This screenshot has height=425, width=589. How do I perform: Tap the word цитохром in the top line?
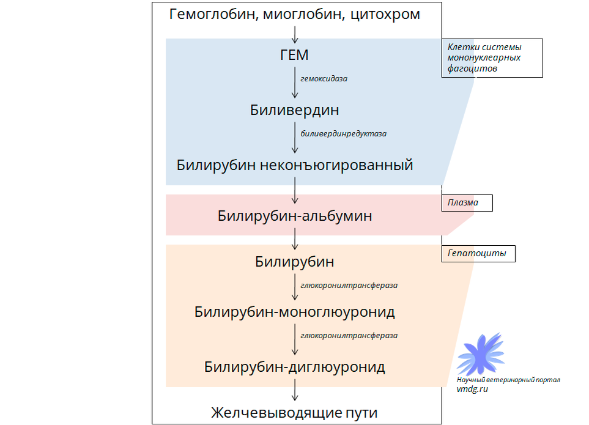(x=386, y=14)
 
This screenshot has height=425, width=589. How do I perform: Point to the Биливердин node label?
(x=294, y=111)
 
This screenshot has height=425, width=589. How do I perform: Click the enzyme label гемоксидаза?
(x=324, y=79)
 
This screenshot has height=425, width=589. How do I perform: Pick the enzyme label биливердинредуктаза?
(x=344, y=133)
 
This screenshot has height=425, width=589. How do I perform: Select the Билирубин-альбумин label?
(x=295, y=216)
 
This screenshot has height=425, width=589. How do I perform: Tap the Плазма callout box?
(x=467, y=203)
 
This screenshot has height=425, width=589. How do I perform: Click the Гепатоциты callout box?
(x=478, y=254)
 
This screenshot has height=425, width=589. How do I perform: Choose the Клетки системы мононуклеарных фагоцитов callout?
(x=492, y=58)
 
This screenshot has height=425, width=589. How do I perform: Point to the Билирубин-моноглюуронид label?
(x=295, y=312)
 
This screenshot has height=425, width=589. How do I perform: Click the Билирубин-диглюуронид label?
(x=295, y=368)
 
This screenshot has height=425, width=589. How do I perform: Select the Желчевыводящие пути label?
(x=294, y=413)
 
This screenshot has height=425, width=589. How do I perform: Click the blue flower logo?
(x=481, y=355)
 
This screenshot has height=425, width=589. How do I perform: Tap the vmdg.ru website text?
(x=472, y=389)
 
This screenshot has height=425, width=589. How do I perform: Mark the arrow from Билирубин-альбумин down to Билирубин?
(x=295, y=240)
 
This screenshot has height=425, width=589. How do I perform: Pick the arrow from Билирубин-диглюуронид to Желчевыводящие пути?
(x=295, y=390)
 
